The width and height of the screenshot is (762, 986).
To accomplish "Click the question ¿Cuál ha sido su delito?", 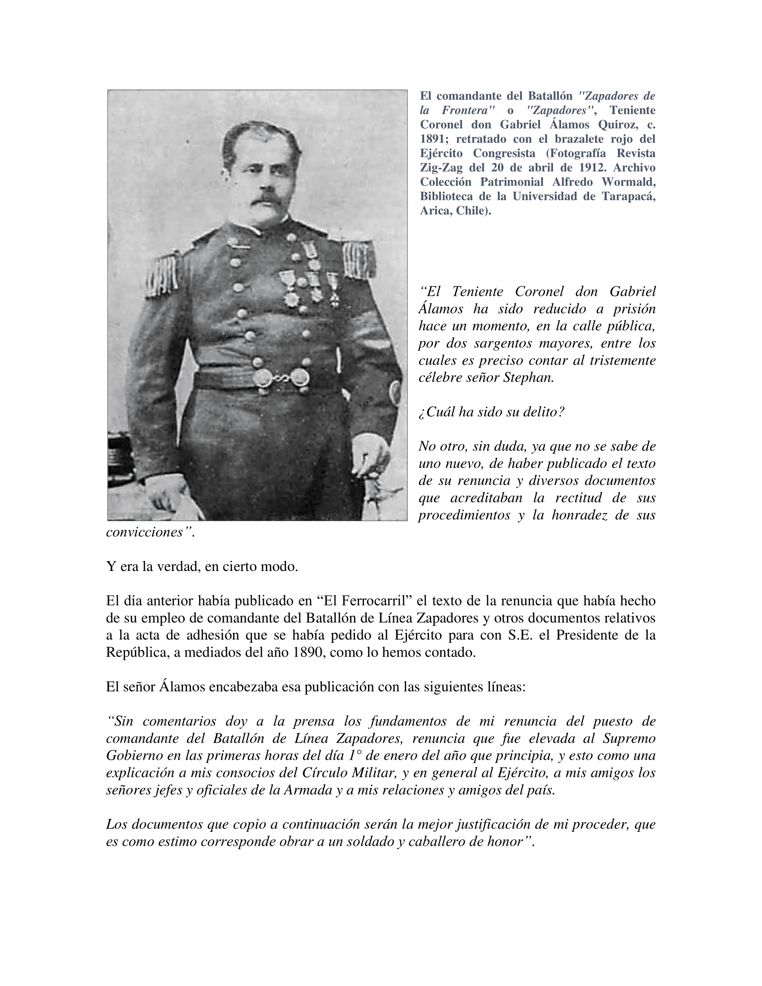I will [491, 412].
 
